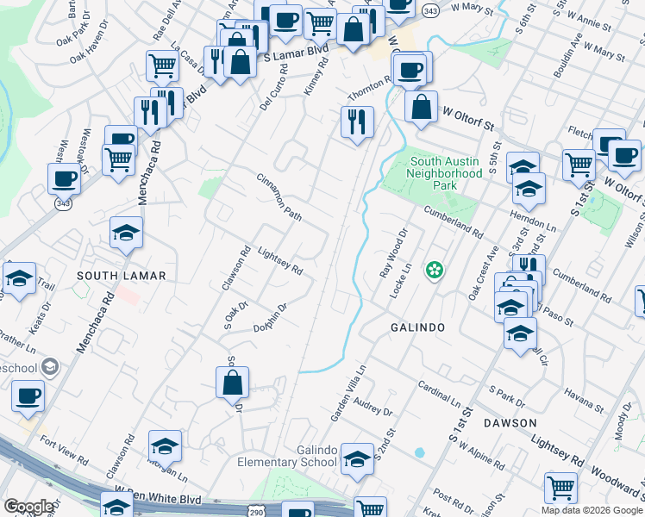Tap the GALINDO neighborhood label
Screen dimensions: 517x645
click(x=417, y=327)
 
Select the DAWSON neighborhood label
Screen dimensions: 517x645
click(x=510, y=423)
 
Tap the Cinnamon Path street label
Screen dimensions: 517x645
click(x=279, y=196)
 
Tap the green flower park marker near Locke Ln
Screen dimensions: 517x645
click(x=435, y=271)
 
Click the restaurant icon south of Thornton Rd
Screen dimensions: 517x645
click(x=357, y=121)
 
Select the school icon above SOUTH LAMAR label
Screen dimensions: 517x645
click(x=127, y=233)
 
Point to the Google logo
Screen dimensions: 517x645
click(x=29, y=507)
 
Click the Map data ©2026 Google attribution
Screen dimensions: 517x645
click(x=592, y=510)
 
